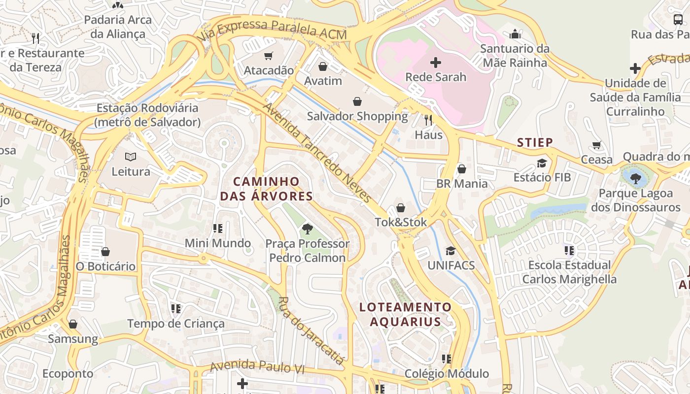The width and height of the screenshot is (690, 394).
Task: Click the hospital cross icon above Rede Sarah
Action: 436,63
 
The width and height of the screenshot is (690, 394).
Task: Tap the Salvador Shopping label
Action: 357,116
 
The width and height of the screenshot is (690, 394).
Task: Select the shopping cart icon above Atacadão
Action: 269,56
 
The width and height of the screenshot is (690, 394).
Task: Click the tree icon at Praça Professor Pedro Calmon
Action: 308,229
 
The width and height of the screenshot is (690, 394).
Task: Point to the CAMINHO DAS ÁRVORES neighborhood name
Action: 266,189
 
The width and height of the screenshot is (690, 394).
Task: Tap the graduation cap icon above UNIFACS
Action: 450,251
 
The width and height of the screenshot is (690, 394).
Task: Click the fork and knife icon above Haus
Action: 428,120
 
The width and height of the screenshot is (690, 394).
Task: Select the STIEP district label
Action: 535,143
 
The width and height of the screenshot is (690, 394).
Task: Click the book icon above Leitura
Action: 131,157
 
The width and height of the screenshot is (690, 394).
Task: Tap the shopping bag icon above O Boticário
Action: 105,252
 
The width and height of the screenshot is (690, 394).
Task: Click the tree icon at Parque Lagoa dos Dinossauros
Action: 635,178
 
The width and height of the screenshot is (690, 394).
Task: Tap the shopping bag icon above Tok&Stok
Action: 401,208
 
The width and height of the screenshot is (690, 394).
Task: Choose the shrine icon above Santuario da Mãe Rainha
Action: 515,34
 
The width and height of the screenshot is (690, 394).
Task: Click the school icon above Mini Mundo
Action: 217,229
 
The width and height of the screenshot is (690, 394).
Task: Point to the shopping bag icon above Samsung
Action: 73,324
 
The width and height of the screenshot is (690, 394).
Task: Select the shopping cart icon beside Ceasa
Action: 597,145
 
